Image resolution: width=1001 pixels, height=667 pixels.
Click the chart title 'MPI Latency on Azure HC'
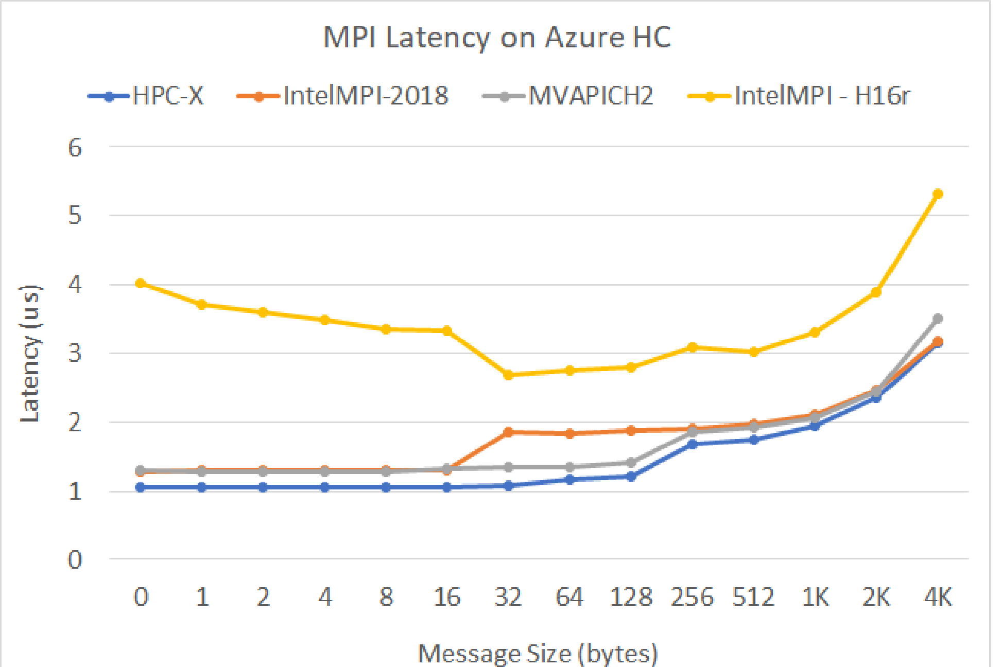(497, 37)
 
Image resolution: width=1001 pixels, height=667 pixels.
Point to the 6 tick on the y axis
(75, 148)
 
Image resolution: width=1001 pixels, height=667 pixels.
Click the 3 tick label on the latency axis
(75, 354)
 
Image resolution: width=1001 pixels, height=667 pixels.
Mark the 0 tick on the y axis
(75, 560)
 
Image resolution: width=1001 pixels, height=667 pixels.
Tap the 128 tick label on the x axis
(631, 598)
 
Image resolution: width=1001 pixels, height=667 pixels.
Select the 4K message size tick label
(938, 598)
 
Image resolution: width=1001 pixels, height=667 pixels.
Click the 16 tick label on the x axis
(447, 598)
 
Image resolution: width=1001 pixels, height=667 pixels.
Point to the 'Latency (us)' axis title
(30, 354)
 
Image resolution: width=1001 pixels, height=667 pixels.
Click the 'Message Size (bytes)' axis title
(538, 653)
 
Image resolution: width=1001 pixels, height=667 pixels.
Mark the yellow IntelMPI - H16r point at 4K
(938, 194)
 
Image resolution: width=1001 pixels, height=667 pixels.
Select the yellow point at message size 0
(140, 283)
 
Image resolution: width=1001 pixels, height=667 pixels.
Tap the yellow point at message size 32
(508, 375)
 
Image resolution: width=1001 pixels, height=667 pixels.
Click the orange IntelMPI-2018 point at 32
(508, 432)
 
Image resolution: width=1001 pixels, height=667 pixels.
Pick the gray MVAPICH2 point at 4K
(938, 319)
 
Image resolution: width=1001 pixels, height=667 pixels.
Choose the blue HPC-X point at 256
(693, 444)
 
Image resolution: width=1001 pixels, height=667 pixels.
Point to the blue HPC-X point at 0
(140, 487)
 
